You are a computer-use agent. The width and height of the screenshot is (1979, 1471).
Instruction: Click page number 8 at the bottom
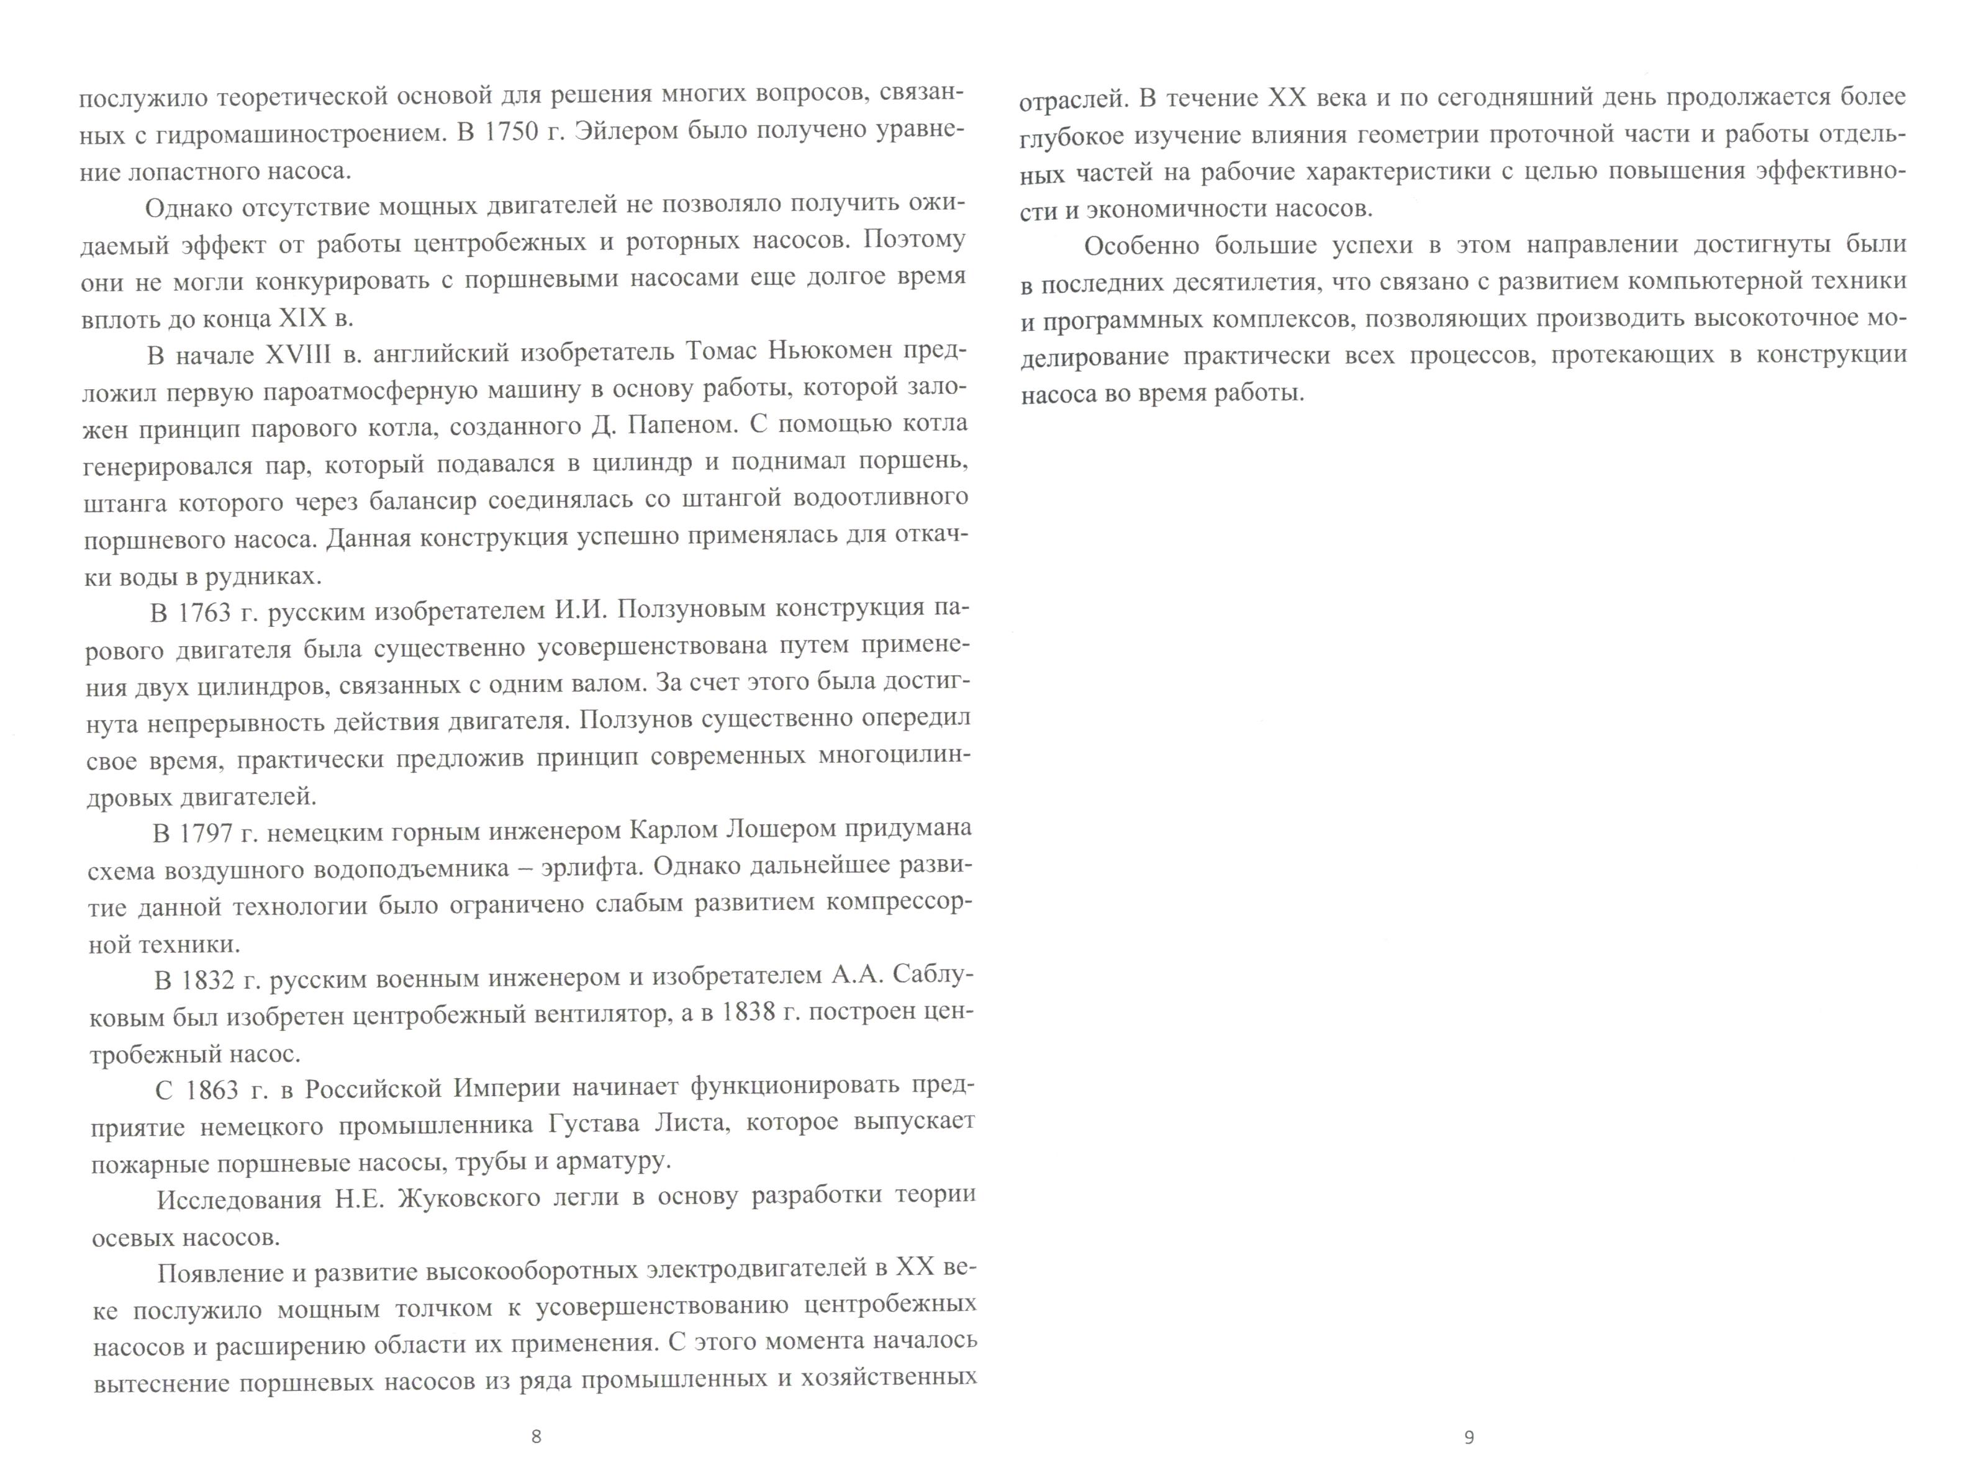(535, 1436)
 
